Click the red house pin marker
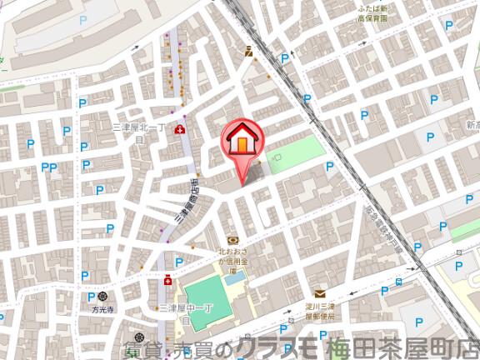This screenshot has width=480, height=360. pyautogui.click(x=241, y=139)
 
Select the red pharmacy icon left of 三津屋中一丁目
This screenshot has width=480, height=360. pyautogui.click(x=167, y=281)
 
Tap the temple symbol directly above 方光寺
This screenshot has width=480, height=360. pyautogui.click(x=102, y=295)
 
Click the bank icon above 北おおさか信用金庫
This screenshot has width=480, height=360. pyautogui.click(x=232, y=240)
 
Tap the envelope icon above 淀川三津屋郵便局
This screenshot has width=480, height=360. pyautogui.click(x=319, y=292)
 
